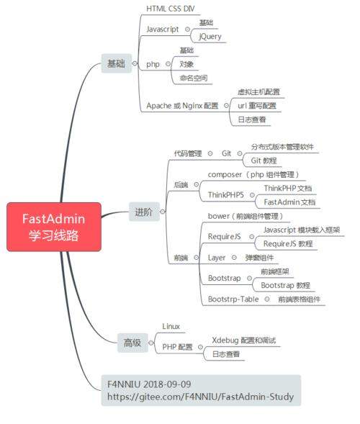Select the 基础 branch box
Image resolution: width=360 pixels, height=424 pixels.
[115, 64]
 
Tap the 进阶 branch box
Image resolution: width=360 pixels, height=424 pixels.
[143, 212]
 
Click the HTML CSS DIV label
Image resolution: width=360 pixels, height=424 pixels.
[170, 9]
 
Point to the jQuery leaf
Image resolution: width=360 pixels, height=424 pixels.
[210, 36]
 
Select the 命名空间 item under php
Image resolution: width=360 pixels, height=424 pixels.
[193, 78]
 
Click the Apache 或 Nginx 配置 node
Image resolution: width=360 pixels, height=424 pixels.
[182, 106]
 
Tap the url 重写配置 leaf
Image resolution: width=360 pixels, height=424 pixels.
[256, 106]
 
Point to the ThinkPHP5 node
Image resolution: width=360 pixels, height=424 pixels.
[225, 194]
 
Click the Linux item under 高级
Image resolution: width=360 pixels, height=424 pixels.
[171, 326]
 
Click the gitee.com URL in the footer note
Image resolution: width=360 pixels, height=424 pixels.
[200, 396]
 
